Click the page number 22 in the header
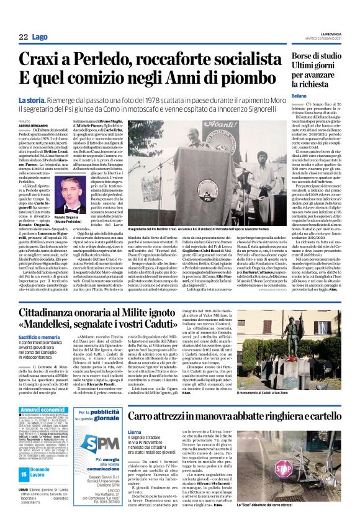coord(23,37)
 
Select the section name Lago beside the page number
coord(39,37)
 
